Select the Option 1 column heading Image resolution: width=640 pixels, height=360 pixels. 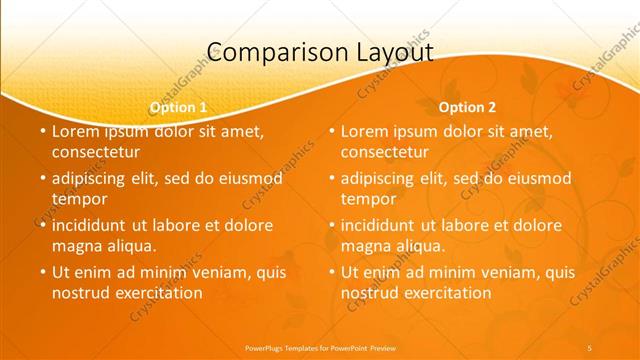[179, 106]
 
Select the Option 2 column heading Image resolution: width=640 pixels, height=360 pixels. [468, 106]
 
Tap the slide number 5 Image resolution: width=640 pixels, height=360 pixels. [590, 347]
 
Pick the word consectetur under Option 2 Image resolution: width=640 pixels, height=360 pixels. [385, 152]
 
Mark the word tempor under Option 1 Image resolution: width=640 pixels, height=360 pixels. [76, 199]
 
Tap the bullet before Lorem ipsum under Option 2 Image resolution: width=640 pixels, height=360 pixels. [331, 130]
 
